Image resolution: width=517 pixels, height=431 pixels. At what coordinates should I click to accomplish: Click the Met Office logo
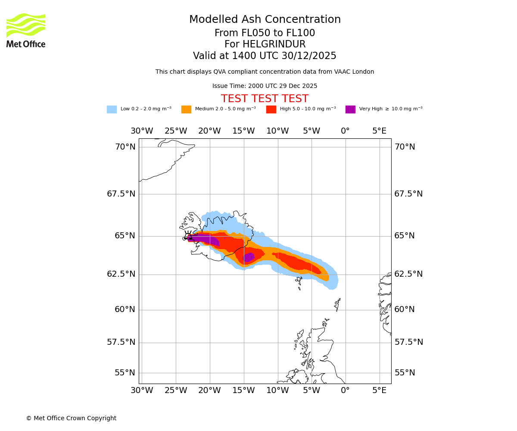(26, 30)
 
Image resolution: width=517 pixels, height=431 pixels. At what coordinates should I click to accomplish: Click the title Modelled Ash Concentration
(265, 20)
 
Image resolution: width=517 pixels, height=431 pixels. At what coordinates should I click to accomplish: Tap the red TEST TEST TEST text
(265, 99)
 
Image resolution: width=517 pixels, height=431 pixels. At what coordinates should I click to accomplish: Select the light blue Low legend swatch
(112, 109)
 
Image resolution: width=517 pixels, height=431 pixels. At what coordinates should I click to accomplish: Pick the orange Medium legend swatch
(186, 109)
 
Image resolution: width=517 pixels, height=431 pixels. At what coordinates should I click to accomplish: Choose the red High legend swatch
(271, 109)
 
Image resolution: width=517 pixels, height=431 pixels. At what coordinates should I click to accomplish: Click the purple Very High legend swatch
(350, 109)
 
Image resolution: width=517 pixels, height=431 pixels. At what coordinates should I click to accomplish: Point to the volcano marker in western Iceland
(188, 235)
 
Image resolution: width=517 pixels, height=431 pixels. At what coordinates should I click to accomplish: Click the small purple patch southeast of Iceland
(249, 257)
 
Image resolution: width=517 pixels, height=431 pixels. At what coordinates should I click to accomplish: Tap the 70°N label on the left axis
(125, 147)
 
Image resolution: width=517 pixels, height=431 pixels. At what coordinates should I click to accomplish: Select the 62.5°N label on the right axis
(408, 274)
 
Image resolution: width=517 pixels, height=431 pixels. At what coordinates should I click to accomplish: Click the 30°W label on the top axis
(142, 131)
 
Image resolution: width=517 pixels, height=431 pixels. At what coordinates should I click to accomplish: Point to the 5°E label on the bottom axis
(380, 390)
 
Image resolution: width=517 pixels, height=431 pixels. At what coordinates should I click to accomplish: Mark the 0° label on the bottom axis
(345, 390)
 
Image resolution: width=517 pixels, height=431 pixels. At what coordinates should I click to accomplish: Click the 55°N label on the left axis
(125, 373)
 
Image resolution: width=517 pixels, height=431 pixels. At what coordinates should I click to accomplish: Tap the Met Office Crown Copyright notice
(71, 419)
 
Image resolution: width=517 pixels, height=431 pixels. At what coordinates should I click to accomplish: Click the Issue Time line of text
(265, 86)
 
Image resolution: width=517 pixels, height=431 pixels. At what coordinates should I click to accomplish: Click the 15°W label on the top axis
(243, 131)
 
